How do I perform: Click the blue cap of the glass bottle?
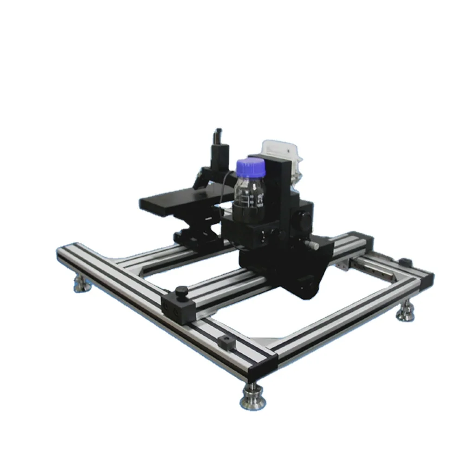(251, 168)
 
